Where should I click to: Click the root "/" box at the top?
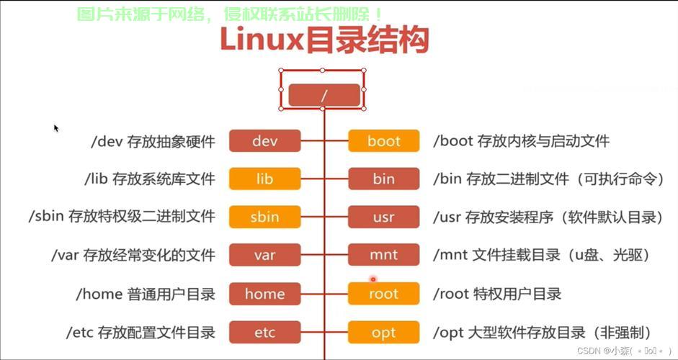[x=324, y=95]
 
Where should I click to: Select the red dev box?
[x=264, y=141]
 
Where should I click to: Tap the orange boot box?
[x=383, y=141]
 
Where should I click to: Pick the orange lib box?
[x=264, y=179]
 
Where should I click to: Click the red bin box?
[x=383, y=179]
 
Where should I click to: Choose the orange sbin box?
[x=264, y=217]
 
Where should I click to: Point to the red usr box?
[x=383, y=217]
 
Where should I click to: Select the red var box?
[x=264, y=255]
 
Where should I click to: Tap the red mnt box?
[x=383, y=255]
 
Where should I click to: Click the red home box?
[x=264, y=293]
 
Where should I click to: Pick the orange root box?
[x=383, y=293]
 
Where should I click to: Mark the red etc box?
[x=264, y=332]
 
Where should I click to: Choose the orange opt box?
[x=383, y=332]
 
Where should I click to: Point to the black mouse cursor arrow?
[x=55, y=128]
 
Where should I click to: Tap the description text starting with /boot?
[x=521, y=141]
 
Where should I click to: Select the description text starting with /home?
[x=146, y=294]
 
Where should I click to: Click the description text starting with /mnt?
[x=541, y=255]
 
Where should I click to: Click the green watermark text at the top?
[x=231, y=14]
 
